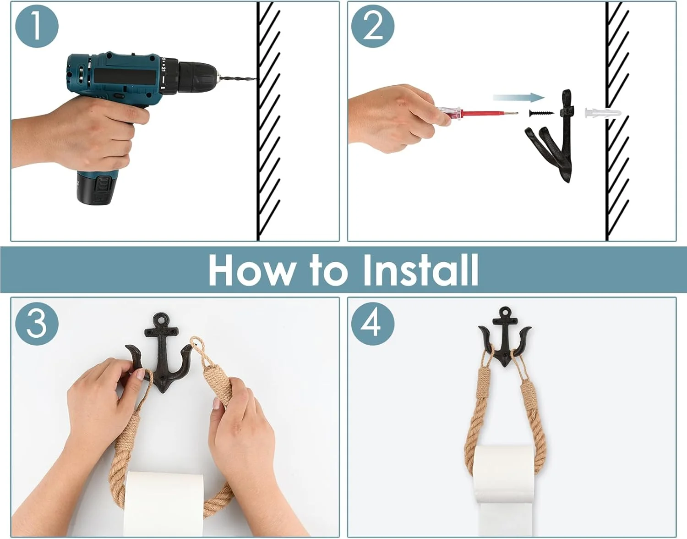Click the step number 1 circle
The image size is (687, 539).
tap(37, 26)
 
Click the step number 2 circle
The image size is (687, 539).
tap(373, 26)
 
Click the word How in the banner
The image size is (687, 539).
tap(250, 270)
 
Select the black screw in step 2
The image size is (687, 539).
tap(541, 113)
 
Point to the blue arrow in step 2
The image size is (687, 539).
tap(518, 98)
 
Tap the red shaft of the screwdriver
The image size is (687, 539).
tap(488, 113)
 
